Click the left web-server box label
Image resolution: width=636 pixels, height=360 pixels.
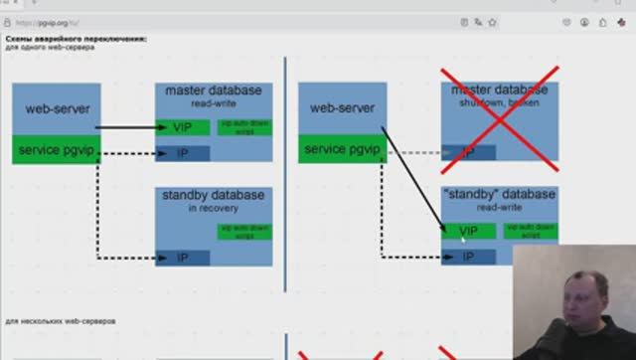(57, 106)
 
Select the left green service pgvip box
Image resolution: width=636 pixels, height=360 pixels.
(57, 150)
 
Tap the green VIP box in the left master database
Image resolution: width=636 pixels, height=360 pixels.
(183, 127)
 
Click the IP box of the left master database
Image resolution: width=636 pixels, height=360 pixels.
(183, 153)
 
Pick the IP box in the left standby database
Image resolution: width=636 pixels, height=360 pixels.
(183, 258)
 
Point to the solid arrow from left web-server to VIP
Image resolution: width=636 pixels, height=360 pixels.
(129, 127)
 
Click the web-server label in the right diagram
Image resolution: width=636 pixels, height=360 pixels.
(343, 107)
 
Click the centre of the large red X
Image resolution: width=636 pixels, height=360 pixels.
(499, 120)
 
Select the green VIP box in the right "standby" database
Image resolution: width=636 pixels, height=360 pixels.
(469, 231)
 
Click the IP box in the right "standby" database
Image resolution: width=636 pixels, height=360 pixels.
(469, 257)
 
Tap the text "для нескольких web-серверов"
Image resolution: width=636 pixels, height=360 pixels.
(61, 322)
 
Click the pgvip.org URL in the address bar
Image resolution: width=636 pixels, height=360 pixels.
(61, 20)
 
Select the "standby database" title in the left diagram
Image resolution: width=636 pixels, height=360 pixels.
(214, 195)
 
